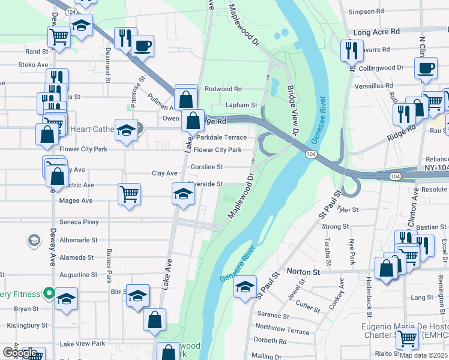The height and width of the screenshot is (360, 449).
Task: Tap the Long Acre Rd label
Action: coord(377,31)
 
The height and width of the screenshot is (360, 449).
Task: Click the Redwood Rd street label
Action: coord(223,89)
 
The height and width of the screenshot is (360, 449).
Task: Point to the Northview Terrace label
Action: coord(282,330)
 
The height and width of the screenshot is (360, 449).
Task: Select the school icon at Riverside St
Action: coord(184,194)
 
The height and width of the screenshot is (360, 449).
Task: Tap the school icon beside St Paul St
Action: coord(245,286)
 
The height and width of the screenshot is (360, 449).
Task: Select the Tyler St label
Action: coord(348,210)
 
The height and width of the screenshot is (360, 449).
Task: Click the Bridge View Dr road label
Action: coord(293,110)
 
